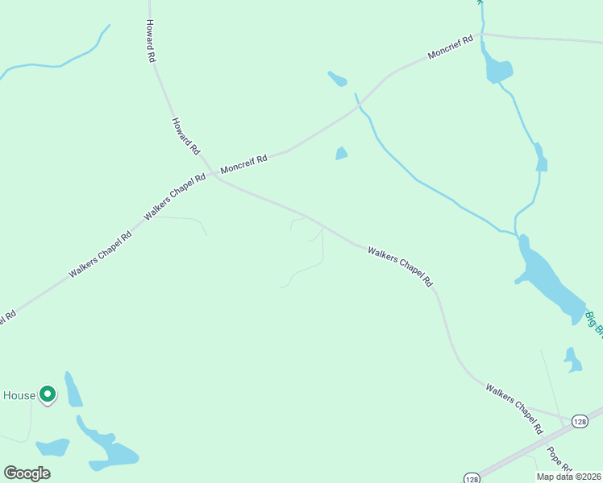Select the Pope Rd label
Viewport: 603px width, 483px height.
(559, 460)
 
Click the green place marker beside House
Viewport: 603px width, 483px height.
(48, 394)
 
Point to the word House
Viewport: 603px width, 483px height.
(19, 395)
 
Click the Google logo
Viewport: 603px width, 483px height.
(27, 473)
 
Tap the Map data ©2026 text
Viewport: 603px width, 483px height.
(569, 477)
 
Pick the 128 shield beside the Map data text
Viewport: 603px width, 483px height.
(472, 476)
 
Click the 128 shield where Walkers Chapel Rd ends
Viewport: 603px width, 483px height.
(580, 421)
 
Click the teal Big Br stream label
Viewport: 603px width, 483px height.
(594, 322)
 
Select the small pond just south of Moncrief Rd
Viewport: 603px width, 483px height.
(341, 153)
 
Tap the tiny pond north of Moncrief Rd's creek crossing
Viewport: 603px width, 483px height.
(338, 79)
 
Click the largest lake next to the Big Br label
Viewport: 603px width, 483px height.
(551, 283)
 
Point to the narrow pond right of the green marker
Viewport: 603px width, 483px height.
(73, 390)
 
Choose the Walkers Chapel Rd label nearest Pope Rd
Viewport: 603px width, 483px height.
(514, 410)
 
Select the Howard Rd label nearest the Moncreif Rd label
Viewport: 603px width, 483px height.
(185, 136)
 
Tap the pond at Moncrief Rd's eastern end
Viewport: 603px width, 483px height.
(495, 68)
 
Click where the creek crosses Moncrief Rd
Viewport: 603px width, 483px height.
(360, 104)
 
